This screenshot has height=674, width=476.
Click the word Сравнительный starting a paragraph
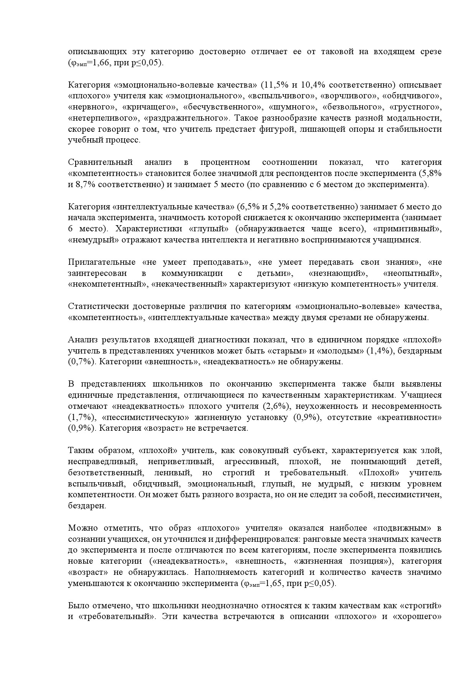(x=100, y=162)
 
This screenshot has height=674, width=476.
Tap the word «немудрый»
(x=91, y=240)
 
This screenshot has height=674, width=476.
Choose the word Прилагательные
(x=102, y=262)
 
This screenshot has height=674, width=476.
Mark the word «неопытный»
(x=412, y=273)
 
